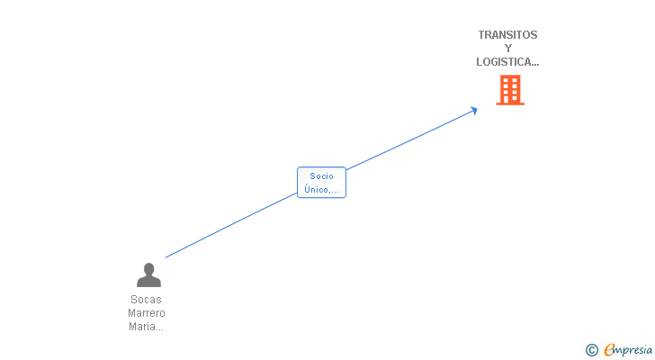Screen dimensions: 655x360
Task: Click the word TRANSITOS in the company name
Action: pyautogui.click(x=507, y=35)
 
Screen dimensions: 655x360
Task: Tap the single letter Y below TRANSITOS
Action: pyautogui.click(x=508, y=49)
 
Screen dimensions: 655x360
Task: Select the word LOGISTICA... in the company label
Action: pyautogui.click(x=507, y=62)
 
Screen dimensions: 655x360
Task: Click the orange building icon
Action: pyautogui.click(x=510, y=90)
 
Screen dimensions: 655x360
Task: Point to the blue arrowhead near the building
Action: pyautogui.click(x=473, y=111)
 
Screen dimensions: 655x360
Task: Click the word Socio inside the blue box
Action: pyautogui.click(x=321, y=176)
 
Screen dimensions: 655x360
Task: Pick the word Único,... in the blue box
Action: pyautogui.click(x=321, y=189)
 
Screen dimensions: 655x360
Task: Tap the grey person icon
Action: pyautogui.click(x=148, y=274)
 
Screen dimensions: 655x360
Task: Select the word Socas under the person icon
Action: pyautogui.click(x=147, y=300)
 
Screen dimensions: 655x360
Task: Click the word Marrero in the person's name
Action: pyautogui.click(x=147, y=313)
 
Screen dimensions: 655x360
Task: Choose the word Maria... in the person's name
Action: pyautogui.click(x=147, y=327)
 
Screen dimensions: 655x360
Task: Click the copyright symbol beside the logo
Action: pyautogui.click(x=591, y=350)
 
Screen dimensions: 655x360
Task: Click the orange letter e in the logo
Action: pyautogui.click(x=610, y=350)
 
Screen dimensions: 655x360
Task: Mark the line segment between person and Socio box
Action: pyautogui.click(x=231, y=225)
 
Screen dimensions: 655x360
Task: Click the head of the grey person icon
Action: pyautogui.click(x=148, y=269)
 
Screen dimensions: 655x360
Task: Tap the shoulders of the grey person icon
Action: pyautogui.click(x=148, y=282)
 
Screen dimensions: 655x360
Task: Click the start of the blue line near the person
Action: pyautogui.click(x=167, y=257)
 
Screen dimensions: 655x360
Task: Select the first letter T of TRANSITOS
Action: pyautogui.click(x=481, y=35)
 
